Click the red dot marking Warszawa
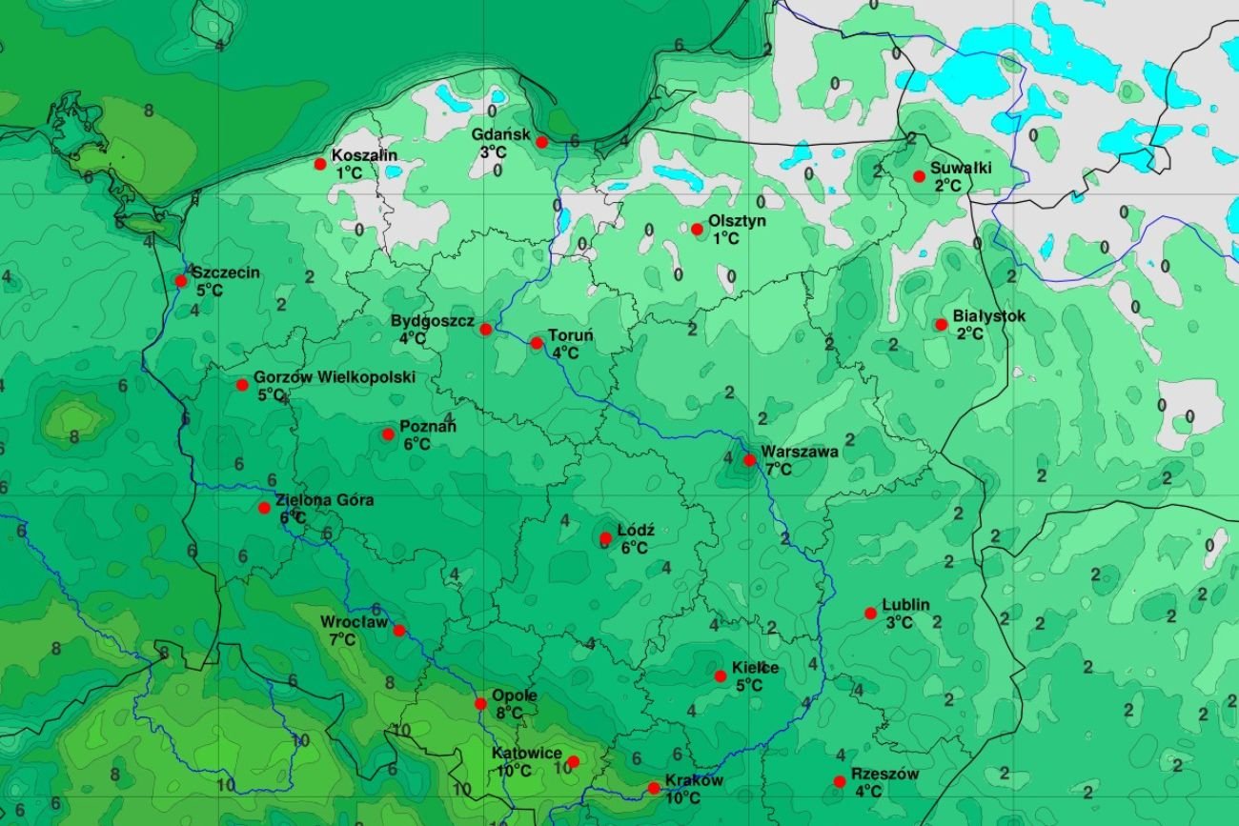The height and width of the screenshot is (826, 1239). [749, 460]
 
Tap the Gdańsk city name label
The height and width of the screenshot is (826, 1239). [500, 134]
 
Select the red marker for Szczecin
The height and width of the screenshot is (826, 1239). [181, 280]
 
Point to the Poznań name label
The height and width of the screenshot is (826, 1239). [427, 427]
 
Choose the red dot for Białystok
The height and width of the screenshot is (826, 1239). [941, 324]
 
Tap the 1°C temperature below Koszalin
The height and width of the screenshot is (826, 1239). [349, 172]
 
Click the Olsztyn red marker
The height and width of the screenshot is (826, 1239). [697, 229]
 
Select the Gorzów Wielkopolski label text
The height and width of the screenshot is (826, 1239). [334, 377]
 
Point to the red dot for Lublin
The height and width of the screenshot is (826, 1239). [870, 613]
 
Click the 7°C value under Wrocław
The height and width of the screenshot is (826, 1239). [342, 639]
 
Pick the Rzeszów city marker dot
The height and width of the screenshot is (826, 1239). [839, 781]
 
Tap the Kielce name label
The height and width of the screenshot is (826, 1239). [755, 668]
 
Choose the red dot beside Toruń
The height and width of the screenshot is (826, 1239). [536, 343]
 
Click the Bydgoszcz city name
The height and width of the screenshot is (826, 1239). [432, 321]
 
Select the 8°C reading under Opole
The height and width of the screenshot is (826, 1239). [509, 713]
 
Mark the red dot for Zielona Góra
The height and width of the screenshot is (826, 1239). [264, 507]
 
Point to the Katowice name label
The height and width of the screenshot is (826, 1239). [526, 753]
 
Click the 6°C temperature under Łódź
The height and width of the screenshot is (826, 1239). [634, 548]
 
